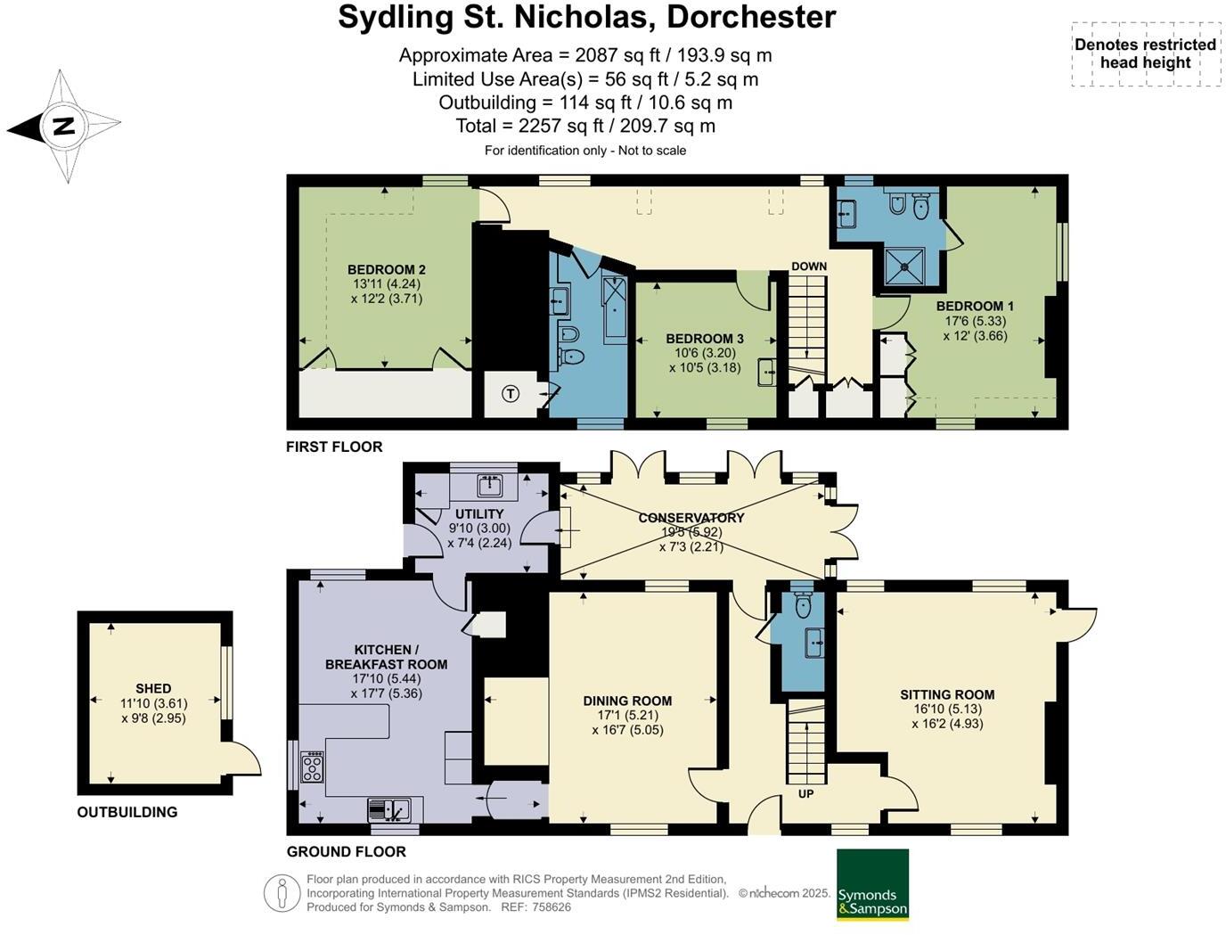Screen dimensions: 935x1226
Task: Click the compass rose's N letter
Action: click(x=62, y=127)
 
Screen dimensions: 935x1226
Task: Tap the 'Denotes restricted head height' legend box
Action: click(x=1145, y=54)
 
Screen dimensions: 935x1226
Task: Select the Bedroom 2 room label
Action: click(x=386, y=270)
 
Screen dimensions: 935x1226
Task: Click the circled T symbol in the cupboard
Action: click(x=511, y=393)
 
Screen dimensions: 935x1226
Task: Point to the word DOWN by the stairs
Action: click(x=808, y=267)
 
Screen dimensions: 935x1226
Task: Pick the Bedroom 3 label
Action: click(x=704, y=339)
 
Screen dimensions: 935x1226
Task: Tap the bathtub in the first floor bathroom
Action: click(x=616, y=308)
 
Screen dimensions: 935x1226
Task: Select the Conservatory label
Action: click(x=691, y=518)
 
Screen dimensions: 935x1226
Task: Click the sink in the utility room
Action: click(x=489, y=486)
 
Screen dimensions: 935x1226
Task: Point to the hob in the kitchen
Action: click(x=313, y=767)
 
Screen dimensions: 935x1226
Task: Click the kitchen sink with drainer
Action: click(x=389, y=809)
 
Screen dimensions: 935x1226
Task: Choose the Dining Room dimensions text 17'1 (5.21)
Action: click(x=627, y=716)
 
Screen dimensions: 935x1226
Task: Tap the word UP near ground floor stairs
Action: click(x=805, y=793)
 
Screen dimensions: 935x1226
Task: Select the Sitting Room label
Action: click(x=946, y=694)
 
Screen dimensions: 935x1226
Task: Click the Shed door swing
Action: click(x=242, y=760)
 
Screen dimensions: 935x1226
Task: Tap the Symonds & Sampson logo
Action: click(x=872, y=884)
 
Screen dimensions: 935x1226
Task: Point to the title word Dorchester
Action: click(x=751, y=18)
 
